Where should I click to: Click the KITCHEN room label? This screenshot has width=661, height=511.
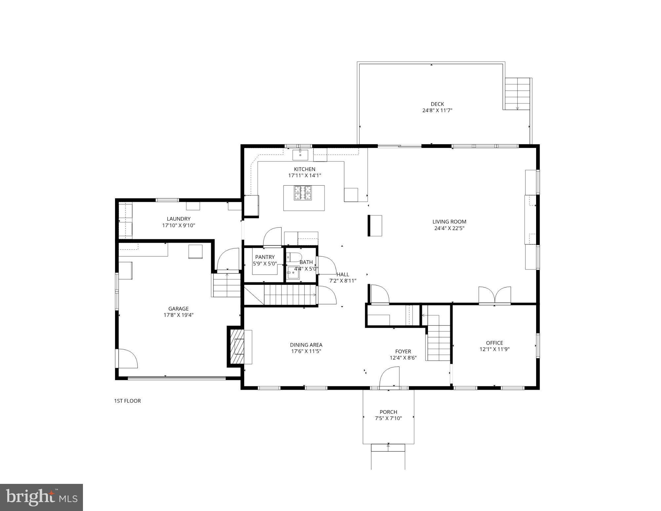pos(304,169)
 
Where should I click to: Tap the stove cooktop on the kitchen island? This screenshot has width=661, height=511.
pos(303,193)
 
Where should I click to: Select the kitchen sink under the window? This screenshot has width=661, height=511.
pos(300,155)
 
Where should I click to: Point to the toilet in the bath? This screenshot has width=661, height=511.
pos(294,257)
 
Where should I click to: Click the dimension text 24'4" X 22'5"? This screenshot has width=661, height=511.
pos(449,228)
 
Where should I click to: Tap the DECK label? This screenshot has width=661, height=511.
pos(437,104)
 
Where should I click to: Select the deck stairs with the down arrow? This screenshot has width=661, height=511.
pos(517,94)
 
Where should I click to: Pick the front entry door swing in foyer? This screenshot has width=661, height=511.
pos(389,377)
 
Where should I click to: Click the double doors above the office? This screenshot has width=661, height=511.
pos(494,295)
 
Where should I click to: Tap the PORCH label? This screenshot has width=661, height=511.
pos(388,412)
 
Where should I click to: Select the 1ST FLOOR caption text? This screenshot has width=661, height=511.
pos(127,401)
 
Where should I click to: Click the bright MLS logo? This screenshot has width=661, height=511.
pos(41,497)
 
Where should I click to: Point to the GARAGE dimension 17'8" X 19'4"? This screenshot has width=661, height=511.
pos(178,315)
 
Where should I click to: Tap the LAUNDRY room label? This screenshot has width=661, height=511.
pos(178,219)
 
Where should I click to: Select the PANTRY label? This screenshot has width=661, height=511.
pos(265,257)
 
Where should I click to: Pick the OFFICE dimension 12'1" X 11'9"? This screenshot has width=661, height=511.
pos(494,349)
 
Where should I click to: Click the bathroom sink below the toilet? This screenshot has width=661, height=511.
pos(293,273)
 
